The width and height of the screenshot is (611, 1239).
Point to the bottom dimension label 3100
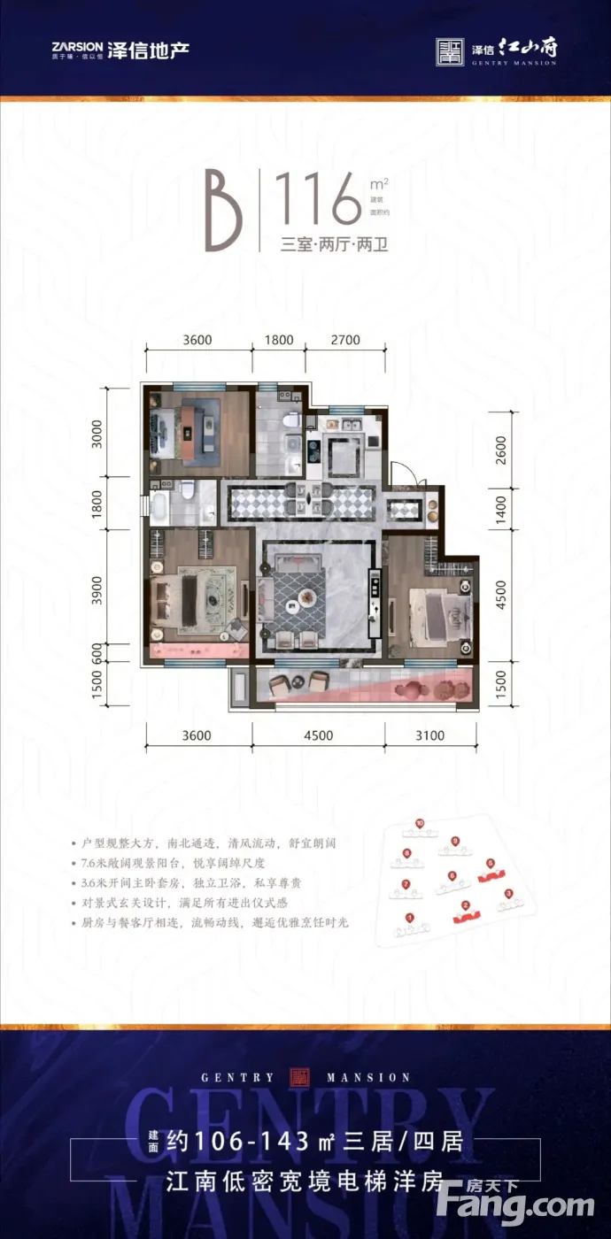point(429,735)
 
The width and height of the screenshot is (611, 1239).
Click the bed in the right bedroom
point(438,608)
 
